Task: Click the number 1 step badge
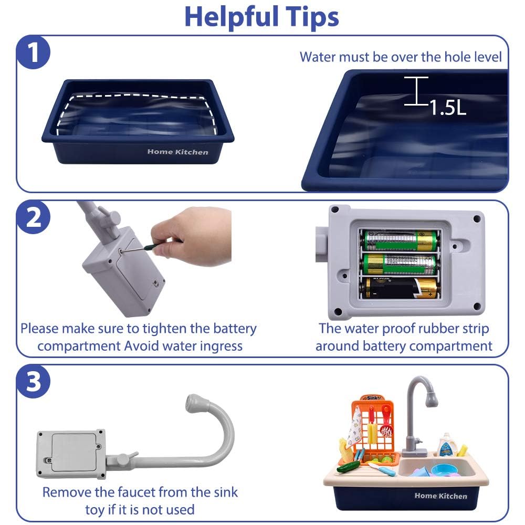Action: pos(33,52)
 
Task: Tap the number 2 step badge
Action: pos(33,217)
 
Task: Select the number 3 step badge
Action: pos(33,381)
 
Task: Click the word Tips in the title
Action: pos(312,17)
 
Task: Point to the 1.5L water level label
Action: pos(448,108)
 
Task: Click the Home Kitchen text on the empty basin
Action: pos(178,152)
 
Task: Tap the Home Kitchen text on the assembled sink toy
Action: pos(440,496)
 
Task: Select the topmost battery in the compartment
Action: pos(401,240)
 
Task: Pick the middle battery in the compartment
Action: pos(401,264)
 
